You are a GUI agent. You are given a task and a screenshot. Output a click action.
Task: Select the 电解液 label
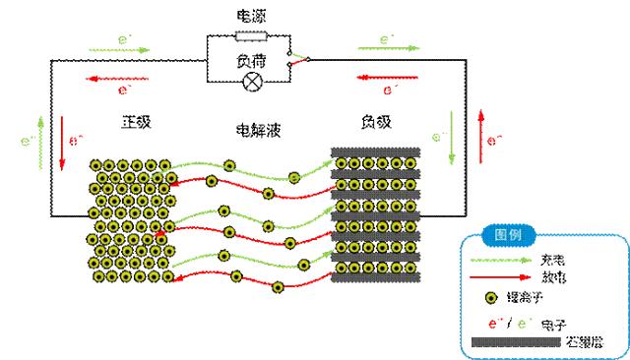click(x=249, y=129)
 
